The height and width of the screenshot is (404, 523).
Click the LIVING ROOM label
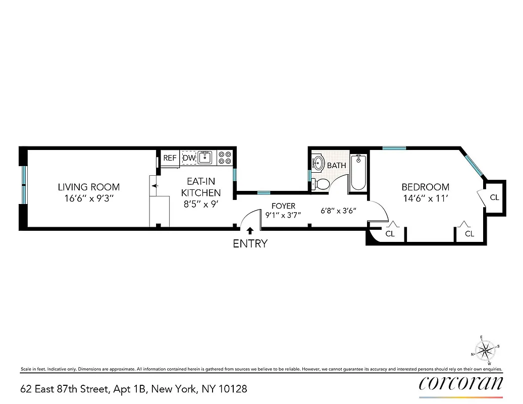pyautogui.click(x=89, y=187)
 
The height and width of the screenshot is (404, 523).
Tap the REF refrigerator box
pyautogui.click(x=170, y=158)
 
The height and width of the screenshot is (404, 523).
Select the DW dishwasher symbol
pyautogui.click(x=189, y=158)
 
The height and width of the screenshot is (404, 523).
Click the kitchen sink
pyautogui.click(x=204, y=158)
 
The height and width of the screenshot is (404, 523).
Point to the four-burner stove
pyautogui.click(x=225, y=158)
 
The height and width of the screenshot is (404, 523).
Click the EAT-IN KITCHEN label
pyautogui.click(x=201, y=187)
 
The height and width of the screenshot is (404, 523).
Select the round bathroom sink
pyautogui.click(x=319, y=163)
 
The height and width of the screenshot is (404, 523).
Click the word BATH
pyautogui.click(x=337, y=165)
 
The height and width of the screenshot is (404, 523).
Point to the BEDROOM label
pyautogui.click(x=425, y=187)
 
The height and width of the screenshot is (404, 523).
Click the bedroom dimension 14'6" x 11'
pyautogui.click(x=425, y=198)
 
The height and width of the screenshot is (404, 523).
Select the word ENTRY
pyautogui.click(x=250, y=244)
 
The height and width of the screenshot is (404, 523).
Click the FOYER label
pyautogui.click(x=283, y=206)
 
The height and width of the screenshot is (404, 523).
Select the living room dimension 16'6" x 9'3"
pyautogui.click(x=89, y=198)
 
